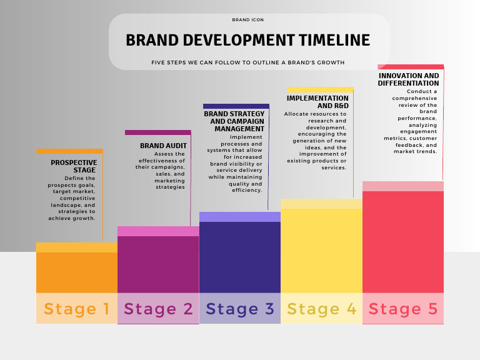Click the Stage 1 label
[77, 309]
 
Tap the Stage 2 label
[158, 309]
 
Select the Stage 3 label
[240, 309]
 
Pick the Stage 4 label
[321, 309]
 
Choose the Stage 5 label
[403, 309]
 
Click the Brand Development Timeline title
[248, 41]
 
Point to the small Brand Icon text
[248, 20]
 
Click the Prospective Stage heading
[74, 166]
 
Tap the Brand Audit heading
[163, 146]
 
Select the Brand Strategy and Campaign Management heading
[234, 121]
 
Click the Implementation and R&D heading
[317, 102]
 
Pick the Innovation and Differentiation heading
[409, 79]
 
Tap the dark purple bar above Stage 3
[240, 256]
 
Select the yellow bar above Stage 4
[321, 250]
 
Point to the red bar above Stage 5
[403, 241]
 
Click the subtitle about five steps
[248, 62]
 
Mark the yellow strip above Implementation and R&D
[320, 89]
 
